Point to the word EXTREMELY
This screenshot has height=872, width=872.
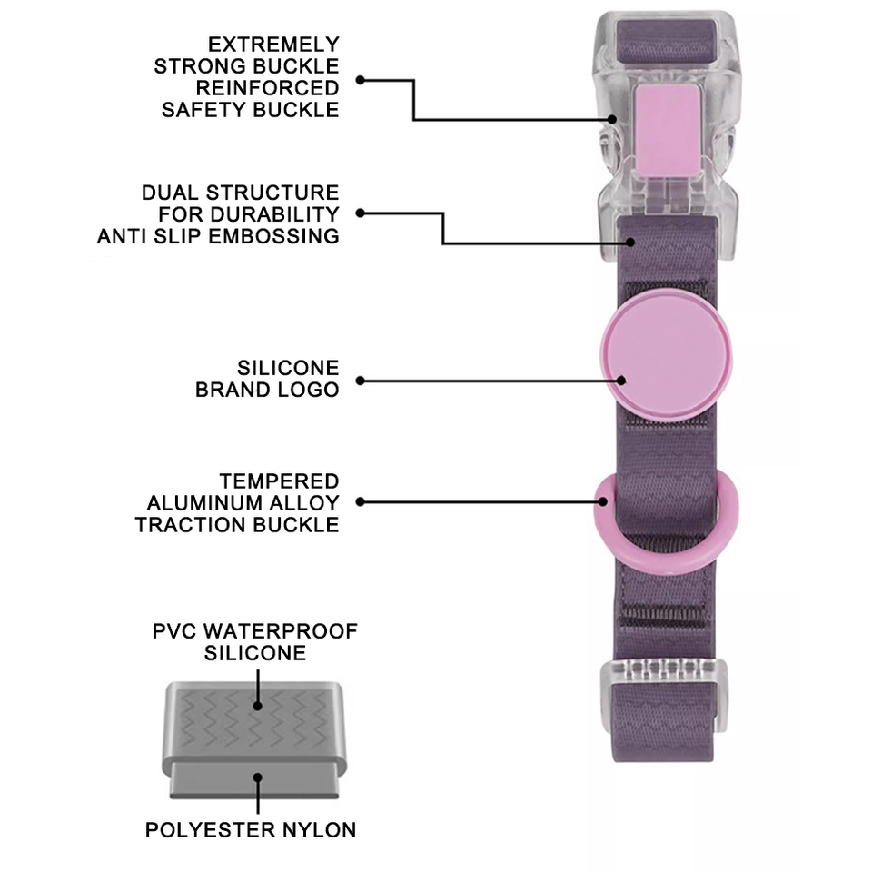coord(273,44)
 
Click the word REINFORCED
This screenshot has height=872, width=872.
coord(268,88)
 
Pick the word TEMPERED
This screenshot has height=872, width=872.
coord(279,481)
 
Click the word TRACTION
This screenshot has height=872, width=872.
coord(188,524)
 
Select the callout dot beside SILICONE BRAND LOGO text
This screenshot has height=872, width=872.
coord(360,381)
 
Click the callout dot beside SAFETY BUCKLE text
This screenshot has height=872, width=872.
coord(360,80)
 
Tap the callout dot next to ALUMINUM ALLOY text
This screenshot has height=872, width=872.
coord(360,501)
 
